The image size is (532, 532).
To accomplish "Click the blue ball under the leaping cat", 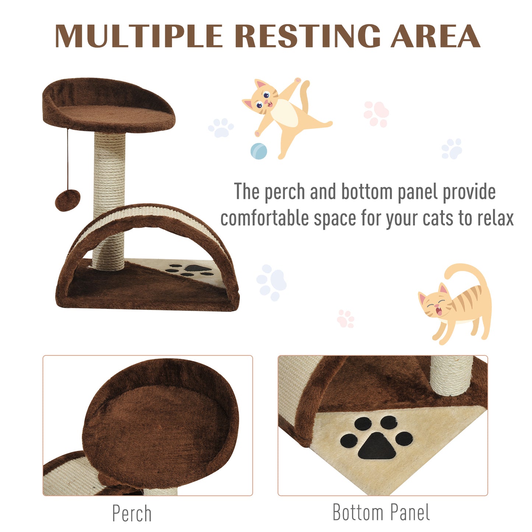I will (259, 151).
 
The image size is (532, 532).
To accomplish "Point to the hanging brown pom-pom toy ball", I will (67, 200).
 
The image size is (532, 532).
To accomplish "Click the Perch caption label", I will (132, 513).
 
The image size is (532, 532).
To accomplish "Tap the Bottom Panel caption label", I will (381, 512).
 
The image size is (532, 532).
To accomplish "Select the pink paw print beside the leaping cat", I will (376, 114).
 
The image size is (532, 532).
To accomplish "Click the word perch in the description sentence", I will (285, 192).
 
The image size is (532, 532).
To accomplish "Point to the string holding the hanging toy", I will (68, 158).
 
